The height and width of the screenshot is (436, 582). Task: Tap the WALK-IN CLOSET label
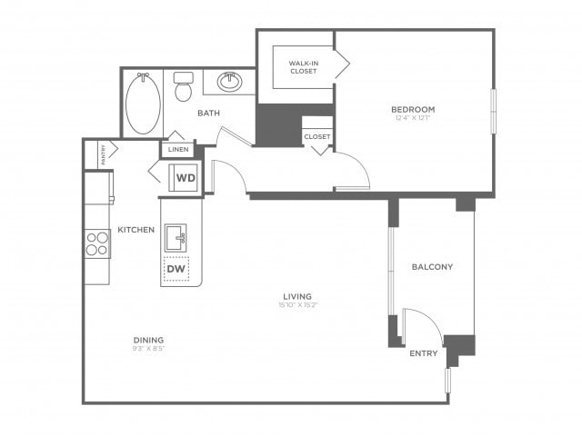(304, 66)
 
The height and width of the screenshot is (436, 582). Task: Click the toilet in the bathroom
(184, 87)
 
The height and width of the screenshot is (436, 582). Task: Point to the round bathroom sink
(229, 84)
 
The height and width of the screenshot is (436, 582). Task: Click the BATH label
(208, 114)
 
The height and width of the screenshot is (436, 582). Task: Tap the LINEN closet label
(178, 149)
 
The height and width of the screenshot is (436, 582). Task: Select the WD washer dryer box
(186, 178)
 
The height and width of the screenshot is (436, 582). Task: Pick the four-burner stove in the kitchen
(97, 243)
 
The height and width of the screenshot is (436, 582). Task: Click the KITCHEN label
(135, 230)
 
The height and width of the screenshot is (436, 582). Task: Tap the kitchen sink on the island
(176, 239)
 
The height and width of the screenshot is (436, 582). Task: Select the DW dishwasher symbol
(176, 270)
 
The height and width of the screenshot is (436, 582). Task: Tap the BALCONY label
(432, 267)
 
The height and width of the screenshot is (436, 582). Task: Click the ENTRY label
(424, 353)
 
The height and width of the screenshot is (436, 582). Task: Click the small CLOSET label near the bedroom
(317, 136)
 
